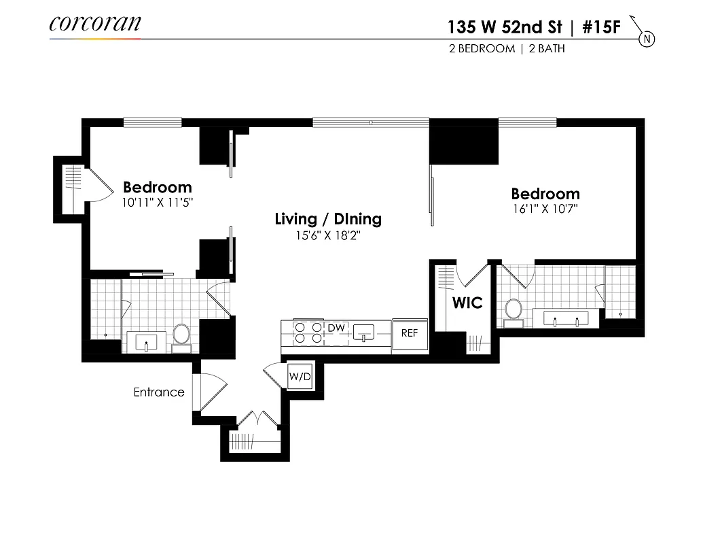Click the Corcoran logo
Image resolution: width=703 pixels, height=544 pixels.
tap(95, 24)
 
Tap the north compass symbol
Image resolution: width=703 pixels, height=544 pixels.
tap(647, 39)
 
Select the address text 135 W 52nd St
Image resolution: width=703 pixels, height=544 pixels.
tap(504, 27)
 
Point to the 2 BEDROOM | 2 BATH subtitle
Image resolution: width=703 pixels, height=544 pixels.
tap(506, 49)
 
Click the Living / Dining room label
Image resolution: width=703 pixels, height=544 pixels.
tap(328, 219)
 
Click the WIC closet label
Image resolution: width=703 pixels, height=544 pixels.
tap(467, 303)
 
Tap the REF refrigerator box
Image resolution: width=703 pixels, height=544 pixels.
tap(410, 333)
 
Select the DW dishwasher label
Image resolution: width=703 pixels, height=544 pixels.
tap(336, 328)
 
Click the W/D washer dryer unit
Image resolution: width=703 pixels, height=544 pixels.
tap(299, 376)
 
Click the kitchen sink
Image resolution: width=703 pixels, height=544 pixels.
tap(365, 333)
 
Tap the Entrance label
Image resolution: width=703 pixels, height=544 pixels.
tap(159, 392)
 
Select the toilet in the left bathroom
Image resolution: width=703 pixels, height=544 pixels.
tap(181, 335)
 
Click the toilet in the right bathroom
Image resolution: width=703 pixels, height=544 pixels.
tap(513, 310)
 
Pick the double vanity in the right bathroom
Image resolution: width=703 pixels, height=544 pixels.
tap(566, 318)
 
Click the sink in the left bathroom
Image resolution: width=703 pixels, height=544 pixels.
tap(146, 341)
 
